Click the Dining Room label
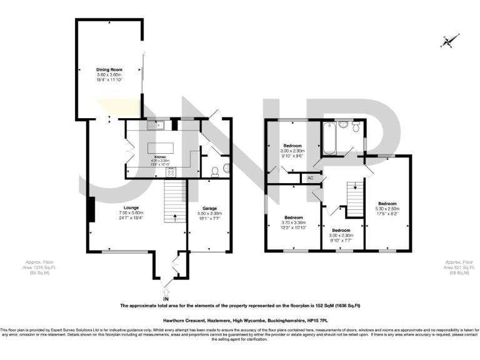coord(109,69)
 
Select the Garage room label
coord(209,207)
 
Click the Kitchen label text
coord(160,156)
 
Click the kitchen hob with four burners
coord(171,172)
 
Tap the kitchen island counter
coord(161,149)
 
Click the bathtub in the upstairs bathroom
coord(329,139)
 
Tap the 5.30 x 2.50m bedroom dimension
coord(386,209)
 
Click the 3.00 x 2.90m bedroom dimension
coord(293,151)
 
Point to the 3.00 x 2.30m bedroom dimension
coord(341,236)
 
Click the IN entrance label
coord(166,299)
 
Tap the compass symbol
coord(447,42)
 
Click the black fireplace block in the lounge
coord(91,209)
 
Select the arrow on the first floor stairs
coord(354,186)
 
